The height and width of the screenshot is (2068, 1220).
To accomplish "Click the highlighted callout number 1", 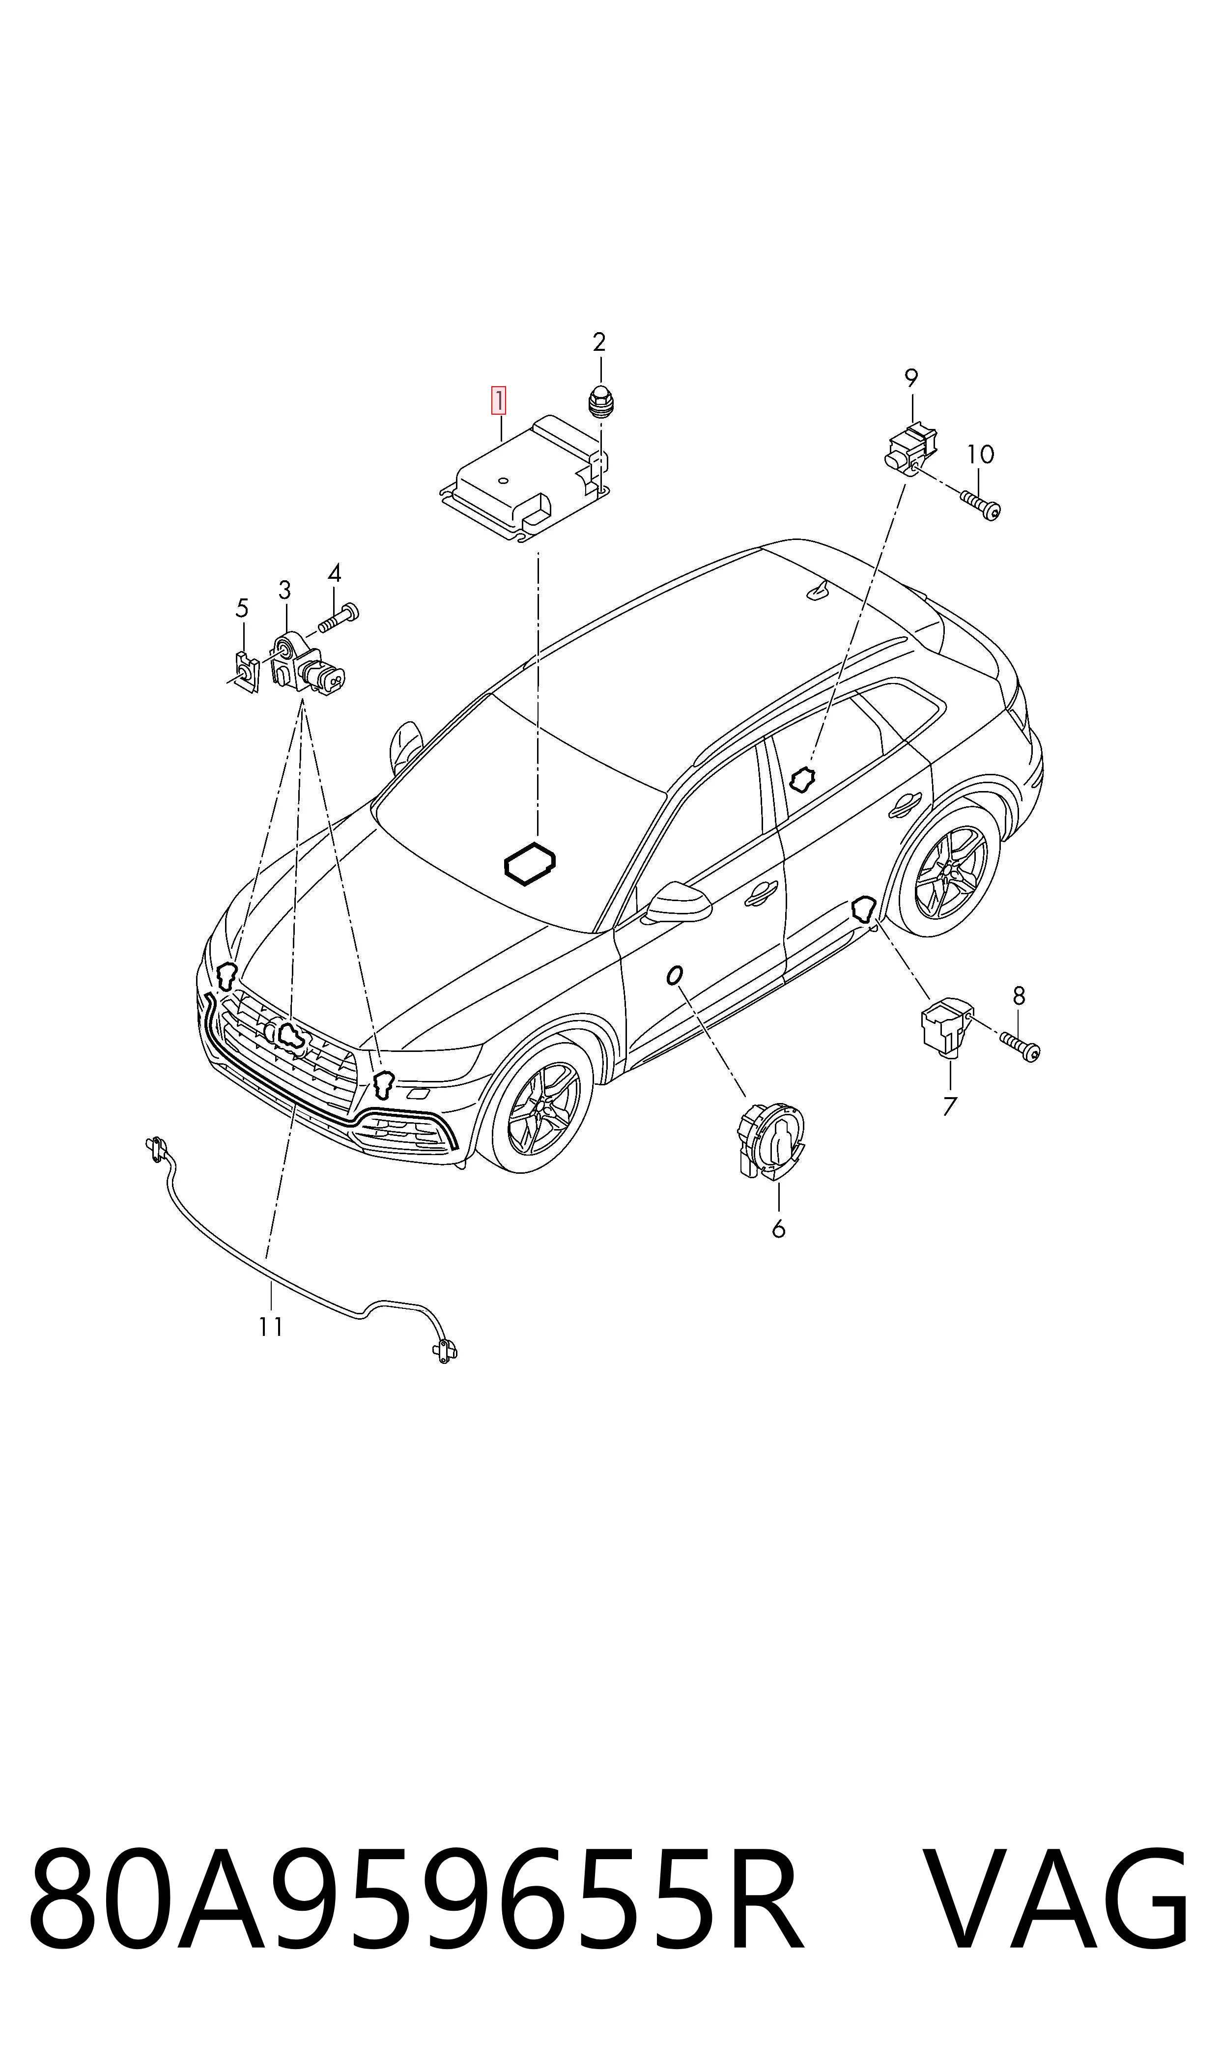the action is pos(499,401).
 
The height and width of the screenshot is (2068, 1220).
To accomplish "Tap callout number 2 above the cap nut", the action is pos(599,342).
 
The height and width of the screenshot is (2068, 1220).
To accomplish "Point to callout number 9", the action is pos(911,378).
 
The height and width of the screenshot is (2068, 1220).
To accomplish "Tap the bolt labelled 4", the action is pos(339,617).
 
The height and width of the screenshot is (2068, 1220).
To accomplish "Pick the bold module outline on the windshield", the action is pos(530,864).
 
